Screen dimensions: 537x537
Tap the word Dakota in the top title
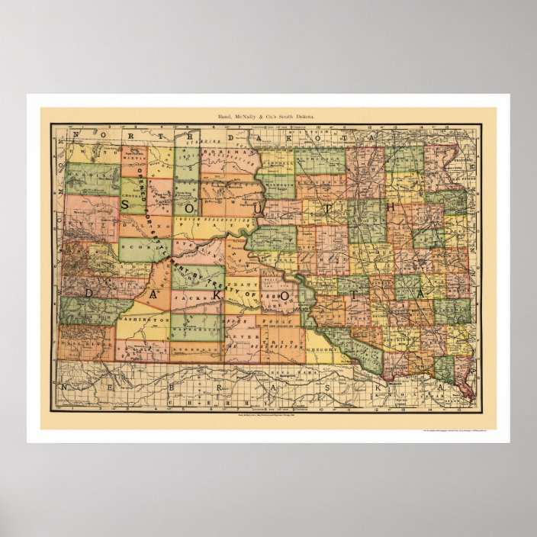point(303,115)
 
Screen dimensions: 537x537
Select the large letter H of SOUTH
point(391,206)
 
